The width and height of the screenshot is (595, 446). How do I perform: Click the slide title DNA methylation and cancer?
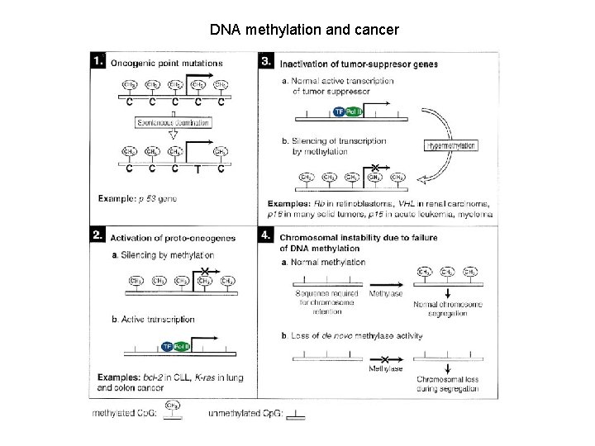(x=304, y=31)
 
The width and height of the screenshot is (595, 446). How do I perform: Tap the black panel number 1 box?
(x=99, y=61)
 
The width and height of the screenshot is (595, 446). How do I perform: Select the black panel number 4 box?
(x=266, y=236)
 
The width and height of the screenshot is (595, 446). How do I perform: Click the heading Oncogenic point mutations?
(x=166, y=63)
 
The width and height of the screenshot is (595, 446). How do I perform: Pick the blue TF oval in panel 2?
(x=166, y=347)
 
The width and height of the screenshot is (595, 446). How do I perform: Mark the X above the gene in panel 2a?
(x=204, y=272)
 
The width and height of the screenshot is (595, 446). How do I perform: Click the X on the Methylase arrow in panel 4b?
(x=385, y=359)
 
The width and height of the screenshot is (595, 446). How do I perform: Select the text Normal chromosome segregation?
(x=447, y=305)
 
